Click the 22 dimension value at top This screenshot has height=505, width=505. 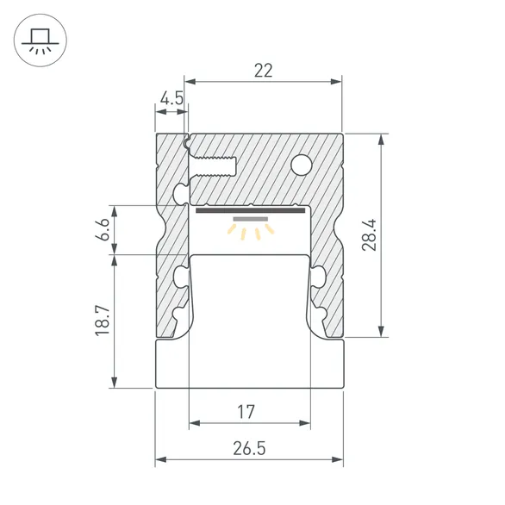click(264, 71)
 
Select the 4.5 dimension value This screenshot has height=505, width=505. click(171, 98)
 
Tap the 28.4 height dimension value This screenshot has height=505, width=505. click(369, 234)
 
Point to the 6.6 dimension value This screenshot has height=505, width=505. click(103, 230)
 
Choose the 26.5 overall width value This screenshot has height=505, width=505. click(248, 448)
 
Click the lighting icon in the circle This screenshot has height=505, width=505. click(40, 40)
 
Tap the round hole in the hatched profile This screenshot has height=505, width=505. click(302, 163)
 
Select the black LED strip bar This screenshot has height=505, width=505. click(250, 209)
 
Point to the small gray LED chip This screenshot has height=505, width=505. click(250, 220)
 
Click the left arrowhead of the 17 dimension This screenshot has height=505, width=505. click(194, 423)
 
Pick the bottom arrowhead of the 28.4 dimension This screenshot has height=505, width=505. click(380, 333)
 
